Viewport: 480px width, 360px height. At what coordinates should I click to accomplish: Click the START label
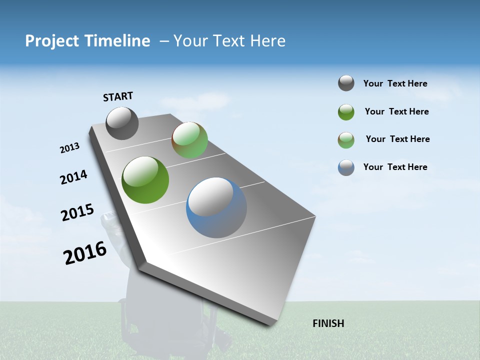pos(118,96)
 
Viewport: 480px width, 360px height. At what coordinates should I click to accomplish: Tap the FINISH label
pos(328,323)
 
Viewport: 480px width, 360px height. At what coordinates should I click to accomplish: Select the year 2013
pos(69,148)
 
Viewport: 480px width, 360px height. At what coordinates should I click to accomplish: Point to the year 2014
pos(73,177)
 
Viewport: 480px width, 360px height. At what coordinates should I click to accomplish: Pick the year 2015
pos(77,212)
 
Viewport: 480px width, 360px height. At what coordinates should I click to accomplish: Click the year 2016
pos(85,253)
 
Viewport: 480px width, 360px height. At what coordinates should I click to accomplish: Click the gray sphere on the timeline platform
pos(122,123)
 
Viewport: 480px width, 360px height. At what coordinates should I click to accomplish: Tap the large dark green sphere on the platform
pos(145,180)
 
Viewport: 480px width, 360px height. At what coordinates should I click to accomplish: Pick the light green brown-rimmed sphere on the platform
pos(189,140)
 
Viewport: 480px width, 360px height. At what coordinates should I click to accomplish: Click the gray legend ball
pos(346,83)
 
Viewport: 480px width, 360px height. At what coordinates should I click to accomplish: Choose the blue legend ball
pos(346,167)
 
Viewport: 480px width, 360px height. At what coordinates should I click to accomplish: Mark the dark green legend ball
pos(346,112)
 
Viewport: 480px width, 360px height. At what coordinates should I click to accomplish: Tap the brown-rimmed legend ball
pos(346,140)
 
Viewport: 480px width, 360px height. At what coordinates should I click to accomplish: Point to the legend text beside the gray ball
pos(395,84)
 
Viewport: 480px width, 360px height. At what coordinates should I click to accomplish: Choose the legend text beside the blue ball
pos(395,167)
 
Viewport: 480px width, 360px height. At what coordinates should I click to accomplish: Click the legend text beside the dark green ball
pos(396,111)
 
